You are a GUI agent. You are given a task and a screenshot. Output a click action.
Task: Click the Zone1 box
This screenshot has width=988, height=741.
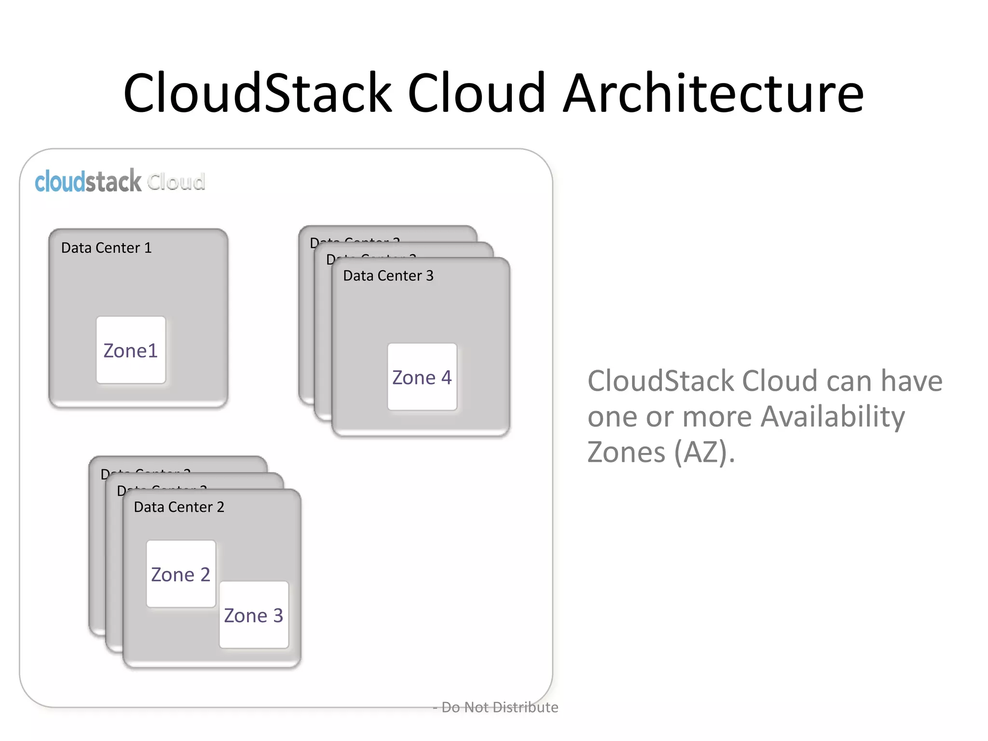tap(131, 350)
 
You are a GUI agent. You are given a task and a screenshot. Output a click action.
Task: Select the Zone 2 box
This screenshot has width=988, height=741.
tap(181, 574)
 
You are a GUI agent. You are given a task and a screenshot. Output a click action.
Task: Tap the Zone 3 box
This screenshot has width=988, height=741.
tap(254, 615)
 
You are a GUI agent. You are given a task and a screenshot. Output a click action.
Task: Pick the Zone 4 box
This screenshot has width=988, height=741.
tap(422, 377)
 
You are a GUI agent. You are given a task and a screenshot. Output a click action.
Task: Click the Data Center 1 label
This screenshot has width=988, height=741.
tap(106, 248)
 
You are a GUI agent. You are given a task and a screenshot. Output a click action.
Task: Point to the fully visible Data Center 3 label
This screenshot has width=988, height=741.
tap(388, 276)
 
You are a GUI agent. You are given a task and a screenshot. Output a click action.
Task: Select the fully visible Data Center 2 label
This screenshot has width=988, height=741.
tap(179, 507)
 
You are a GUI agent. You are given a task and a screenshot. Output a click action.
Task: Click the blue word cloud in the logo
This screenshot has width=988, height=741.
tap(60, 182)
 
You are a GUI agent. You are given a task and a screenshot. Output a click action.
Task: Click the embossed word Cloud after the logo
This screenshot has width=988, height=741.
tap(176, 182)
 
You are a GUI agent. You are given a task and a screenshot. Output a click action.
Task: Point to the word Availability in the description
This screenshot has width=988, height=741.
tap(833, 416)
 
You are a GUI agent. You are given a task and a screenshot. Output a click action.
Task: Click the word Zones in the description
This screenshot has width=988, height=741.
tap(626, 452)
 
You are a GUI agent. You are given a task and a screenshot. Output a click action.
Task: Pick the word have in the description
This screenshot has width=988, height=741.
tap(911, 381)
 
